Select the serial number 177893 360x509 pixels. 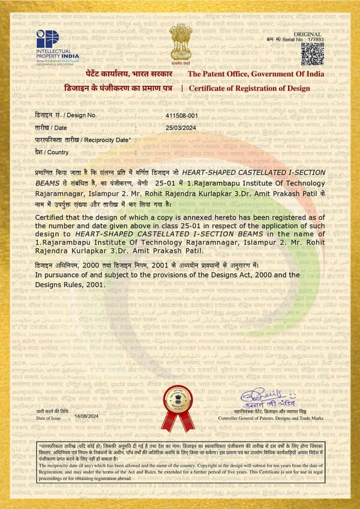[314, 39]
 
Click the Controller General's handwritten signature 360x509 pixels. [278, 397]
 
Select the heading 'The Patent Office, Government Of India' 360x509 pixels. [256, 74]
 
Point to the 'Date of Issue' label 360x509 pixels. [48, 417]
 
